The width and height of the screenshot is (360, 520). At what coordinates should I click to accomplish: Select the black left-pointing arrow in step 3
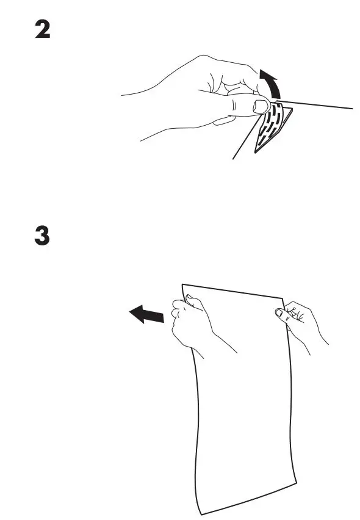point(146,315)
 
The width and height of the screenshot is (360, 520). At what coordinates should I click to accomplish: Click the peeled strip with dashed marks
point(273,125)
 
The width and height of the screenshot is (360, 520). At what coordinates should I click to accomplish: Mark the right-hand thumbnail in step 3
point(279,312)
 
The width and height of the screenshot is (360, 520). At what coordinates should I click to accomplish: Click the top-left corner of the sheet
point(182,284)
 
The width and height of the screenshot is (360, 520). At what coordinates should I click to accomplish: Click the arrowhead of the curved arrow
point(266,76)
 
